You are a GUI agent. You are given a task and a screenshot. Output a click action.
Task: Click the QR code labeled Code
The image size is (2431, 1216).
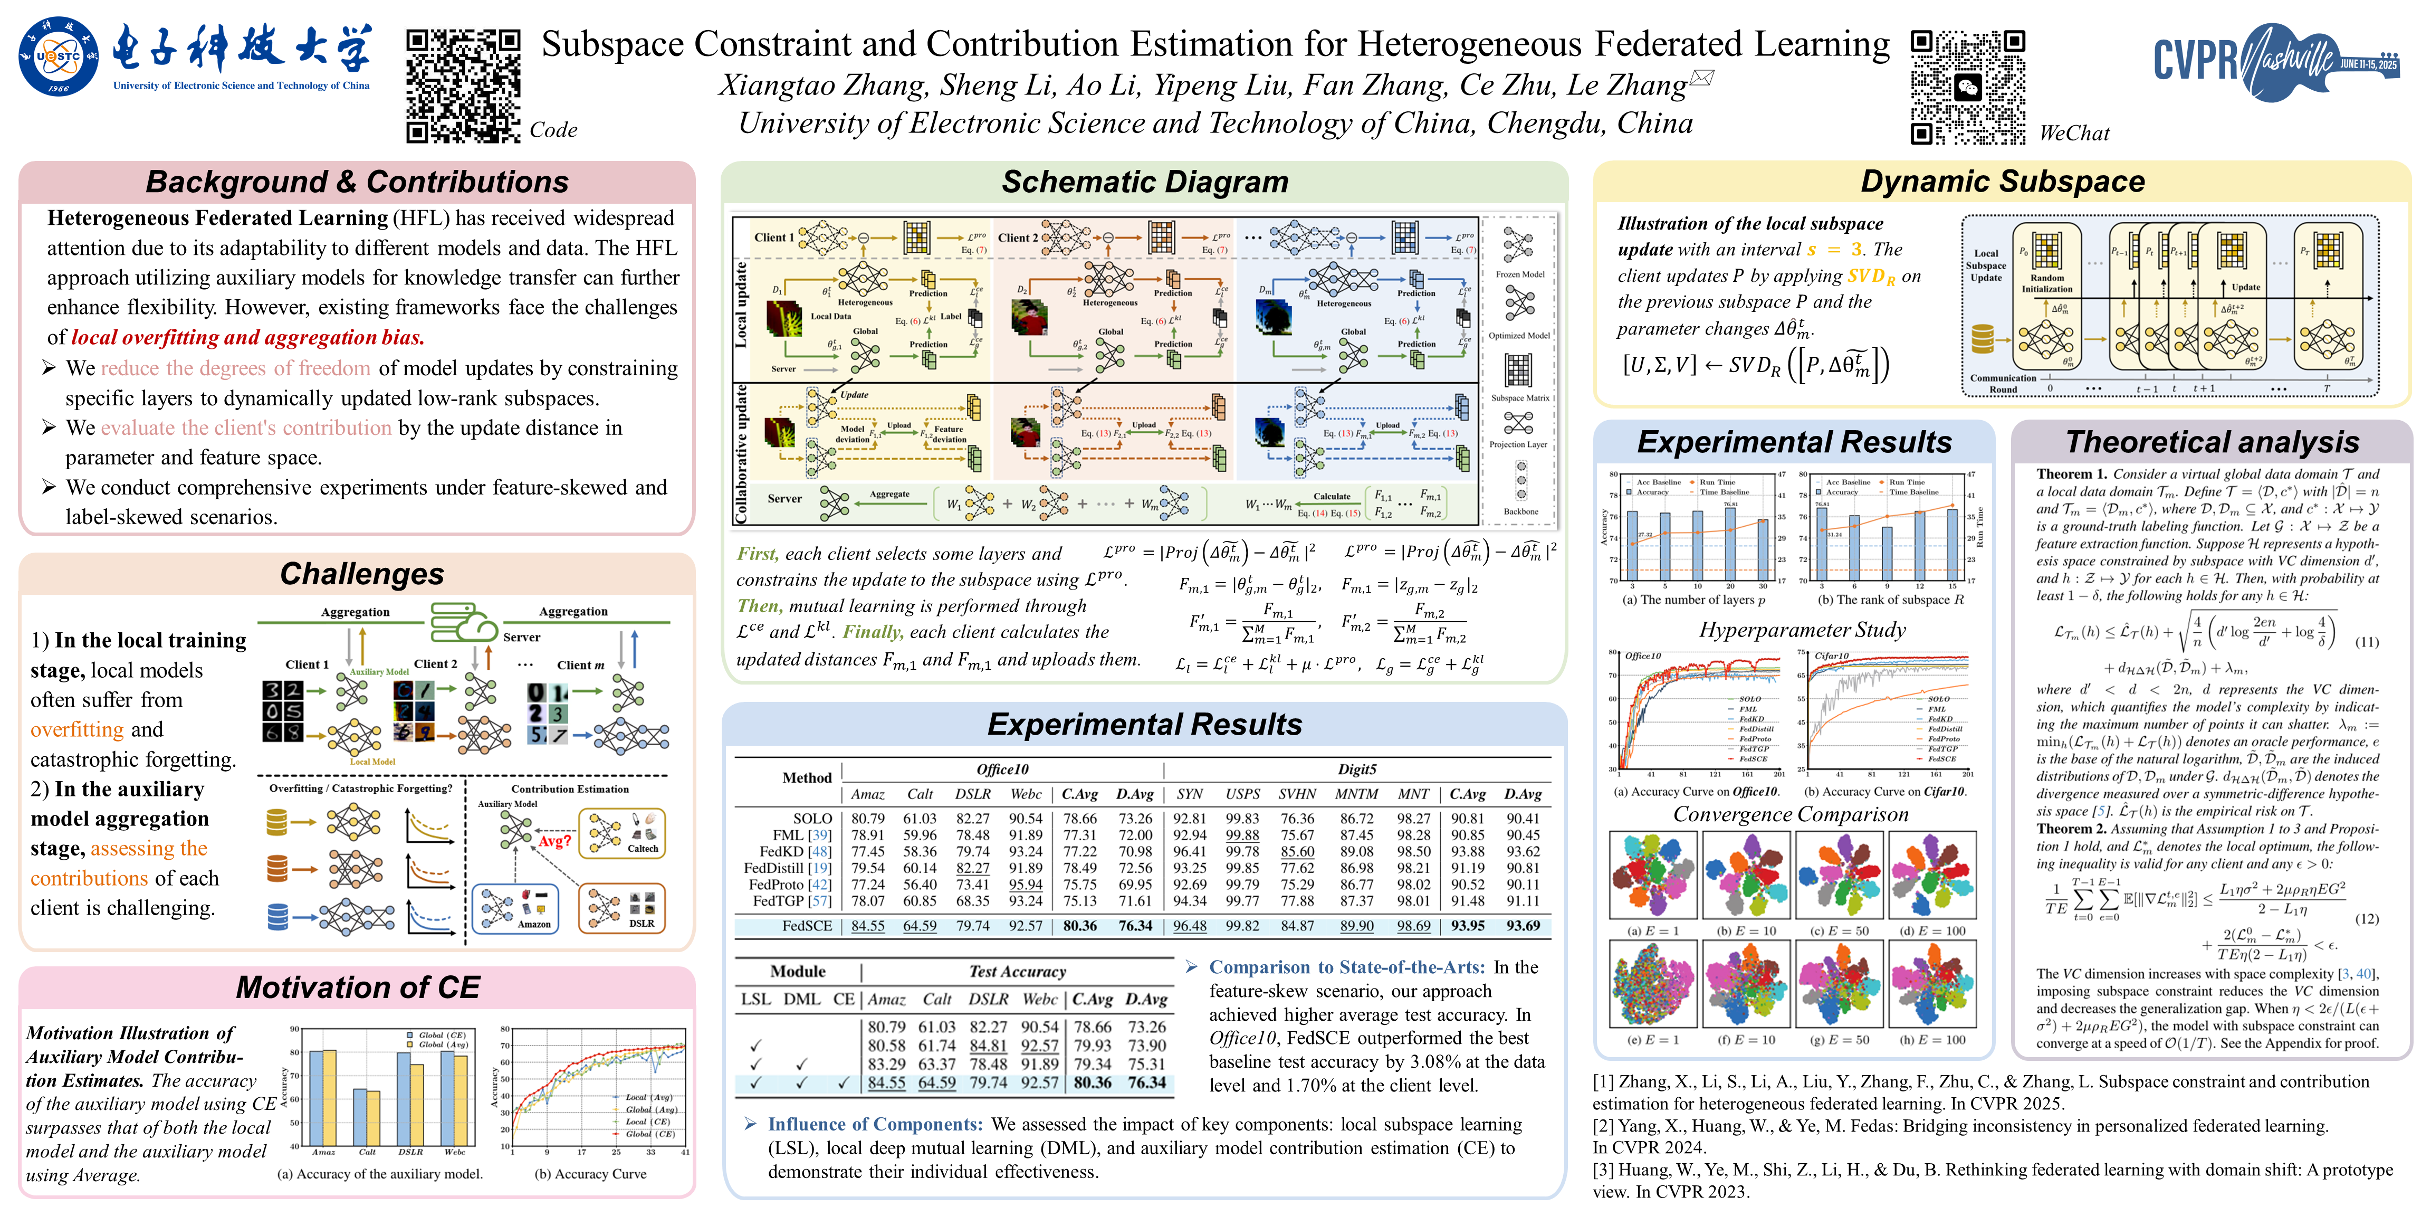463,85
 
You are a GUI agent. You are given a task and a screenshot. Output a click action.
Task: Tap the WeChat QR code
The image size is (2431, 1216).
1968,87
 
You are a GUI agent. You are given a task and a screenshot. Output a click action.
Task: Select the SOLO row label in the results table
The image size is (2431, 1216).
812,819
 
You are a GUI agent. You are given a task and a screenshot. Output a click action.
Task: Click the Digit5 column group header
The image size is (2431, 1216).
1356,769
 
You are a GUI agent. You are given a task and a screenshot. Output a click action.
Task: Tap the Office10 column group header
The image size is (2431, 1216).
1002,769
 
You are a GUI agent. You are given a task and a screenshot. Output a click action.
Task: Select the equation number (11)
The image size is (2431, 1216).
2366,642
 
